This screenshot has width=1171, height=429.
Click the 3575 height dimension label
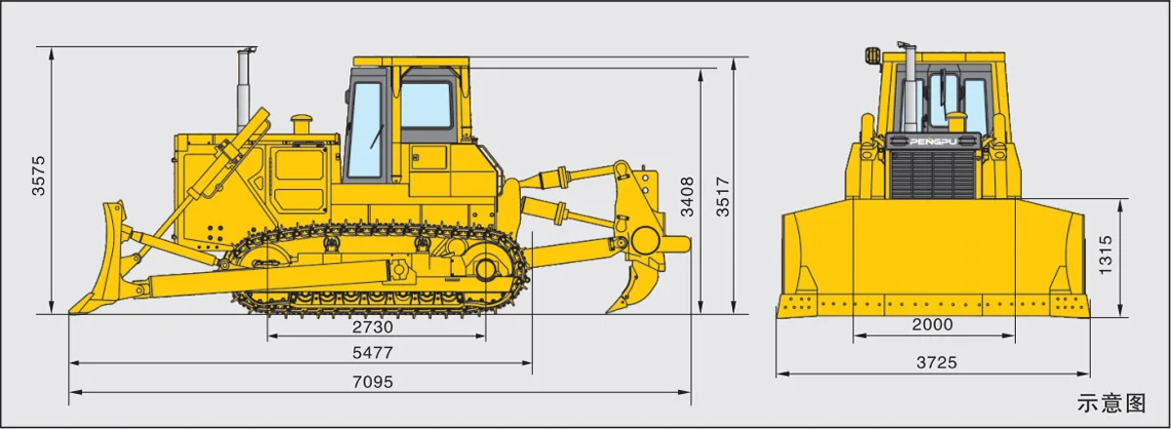(39, 175)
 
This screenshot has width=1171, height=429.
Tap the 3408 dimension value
(687, 197)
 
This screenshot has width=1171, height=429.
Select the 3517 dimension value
(723, 197)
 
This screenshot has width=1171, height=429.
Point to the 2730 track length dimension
(372, 327)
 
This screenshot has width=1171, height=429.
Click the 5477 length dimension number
(372, 353)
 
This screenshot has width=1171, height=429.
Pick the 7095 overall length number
(372, 382)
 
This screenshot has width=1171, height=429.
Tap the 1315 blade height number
(1105, 254)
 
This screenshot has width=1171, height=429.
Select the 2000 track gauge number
(933, 325)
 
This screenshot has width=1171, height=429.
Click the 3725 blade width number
(936, 362)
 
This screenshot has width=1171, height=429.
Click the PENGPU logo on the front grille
(934, 141)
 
